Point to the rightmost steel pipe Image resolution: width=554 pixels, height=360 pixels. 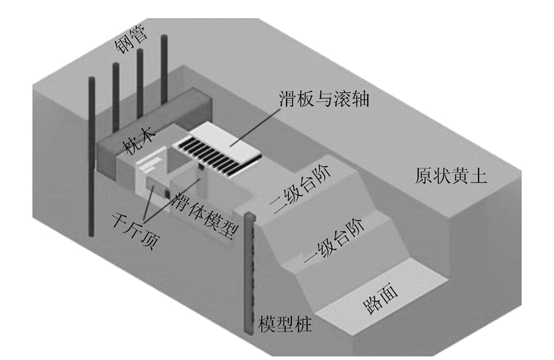tap(164, 69)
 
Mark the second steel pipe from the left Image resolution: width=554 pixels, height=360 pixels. tap(116, 97)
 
